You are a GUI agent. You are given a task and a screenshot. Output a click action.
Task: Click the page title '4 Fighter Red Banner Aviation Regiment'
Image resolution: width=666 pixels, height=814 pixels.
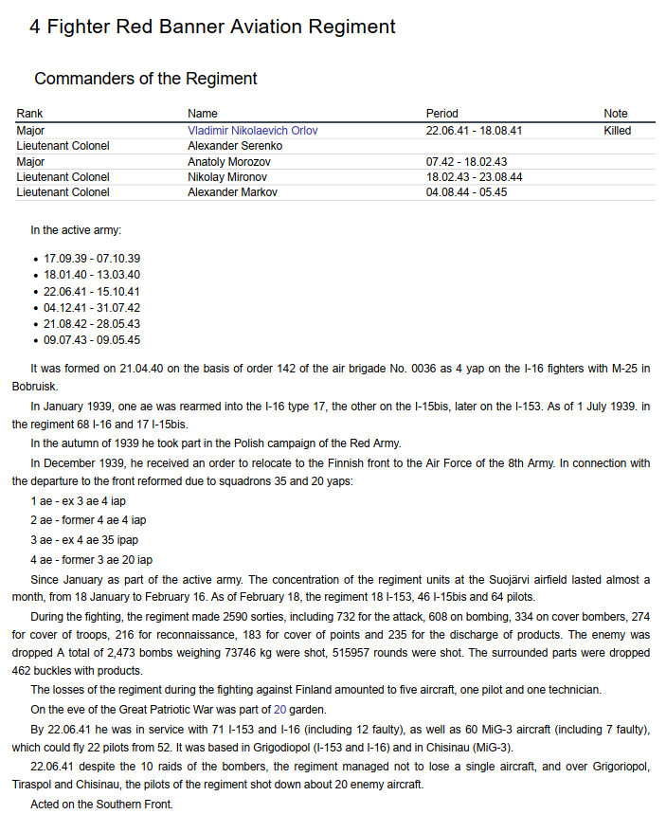[212, 27]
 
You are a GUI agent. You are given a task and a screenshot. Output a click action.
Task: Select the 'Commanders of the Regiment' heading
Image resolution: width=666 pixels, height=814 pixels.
[146, 79]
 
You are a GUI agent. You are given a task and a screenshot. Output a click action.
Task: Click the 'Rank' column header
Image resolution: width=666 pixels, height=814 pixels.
[29, 114]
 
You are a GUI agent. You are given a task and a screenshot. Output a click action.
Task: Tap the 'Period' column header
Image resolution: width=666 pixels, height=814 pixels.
[441, 114]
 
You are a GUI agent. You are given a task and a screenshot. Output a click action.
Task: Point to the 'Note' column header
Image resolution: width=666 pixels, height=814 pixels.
[616, 114]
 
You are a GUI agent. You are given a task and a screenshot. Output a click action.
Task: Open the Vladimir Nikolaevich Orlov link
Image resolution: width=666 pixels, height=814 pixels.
[252, 131]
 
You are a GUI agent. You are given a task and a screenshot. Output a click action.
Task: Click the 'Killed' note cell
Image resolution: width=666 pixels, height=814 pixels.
[617, 131]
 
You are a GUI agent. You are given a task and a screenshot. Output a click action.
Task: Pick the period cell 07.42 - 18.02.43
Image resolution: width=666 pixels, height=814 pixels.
[466, 162]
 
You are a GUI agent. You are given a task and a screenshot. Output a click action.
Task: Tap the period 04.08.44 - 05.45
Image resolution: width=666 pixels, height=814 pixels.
[466, 192]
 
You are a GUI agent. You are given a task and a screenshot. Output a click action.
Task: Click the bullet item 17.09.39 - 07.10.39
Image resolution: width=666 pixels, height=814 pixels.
[92, 259]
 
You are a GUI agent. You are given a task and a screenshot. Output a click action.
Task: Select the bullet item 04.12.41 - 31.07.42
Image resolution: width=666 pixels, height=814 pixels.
[92, 308]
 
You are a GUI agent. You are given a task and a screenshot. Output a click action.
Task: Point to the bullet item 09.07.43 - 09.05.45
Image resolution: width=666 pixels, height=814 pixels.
[92, 340]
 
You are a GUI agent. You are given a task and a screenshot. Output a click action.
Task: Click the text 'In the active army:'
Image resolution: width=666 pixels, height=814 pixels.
[76, 229]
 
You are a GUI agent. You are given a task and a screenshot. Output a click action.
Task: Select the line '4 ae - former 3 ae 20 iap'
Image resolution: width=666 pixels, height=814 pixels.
[91, 560]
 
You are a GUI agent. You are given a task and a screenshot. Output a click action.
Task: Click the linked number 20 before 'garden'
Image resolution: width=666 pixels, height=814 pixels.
[279, 707]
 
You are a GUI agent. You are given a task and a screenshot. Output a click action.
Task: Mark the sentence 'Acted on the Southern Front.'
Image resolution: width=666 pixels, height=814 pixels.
[101, 805]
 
